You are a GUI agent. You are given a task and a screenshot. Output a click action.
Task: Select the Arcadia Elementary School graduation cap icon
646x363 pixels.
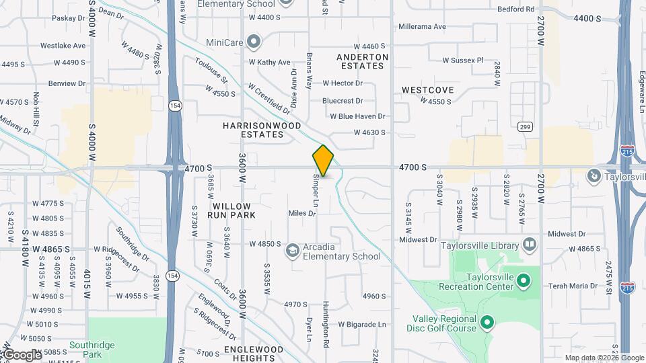coord(292,251)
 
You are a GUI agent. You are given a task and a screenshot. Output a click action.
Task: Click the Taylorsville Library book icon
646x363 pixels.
coord(530,245)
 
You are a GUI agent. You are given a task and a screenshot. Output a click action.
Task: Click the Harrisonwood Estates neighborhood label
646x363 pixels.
coord(262,130)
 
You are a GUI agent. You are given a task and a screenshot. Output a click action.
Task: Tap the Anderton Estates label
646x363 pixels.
coord(363,62)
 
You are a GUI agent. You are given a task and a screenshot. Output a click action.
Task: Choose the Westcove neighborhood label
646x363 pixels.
coord(427,90)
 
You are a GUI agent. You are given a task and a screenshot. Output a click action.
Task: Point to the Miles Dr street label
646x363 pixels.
coord(302,213)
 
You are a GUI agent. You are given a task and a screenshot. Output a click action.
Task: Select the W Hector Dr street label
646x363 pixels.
coord(343,83)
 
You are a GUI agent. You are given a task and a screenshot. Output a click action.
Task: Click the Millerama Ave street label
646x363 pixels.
coord(422,27)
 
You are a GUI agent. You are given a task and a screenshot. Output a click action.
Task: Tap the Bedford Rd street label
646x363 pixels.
coord(515,9)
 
